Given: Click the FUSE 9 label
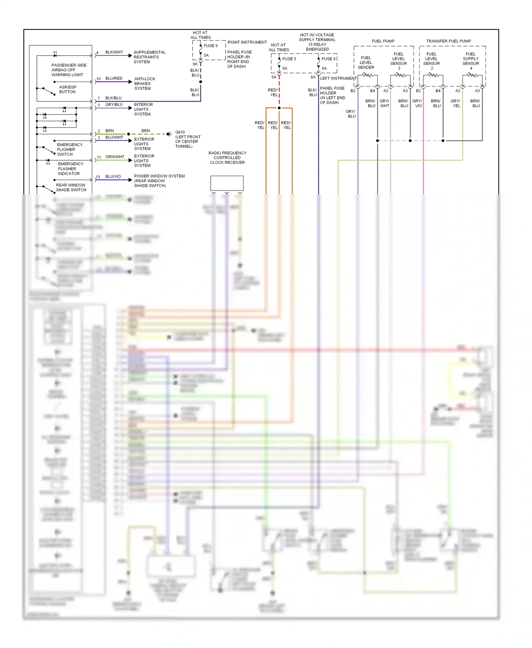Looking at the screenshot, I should pyautogui.click(x=211, y=46).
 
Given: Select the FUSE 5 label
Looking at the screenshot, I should pyautogui.click(x=289, y=59).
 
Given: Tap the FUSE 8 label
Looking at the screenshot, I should pyautogui.click(x=328, y=59).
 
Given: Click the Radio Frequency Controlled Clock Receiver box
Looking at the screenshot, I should pyautogui.click(x=227, y=183).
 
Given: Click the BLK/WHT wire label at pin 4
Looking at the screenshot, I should pyautogui.click(x=114, y=52).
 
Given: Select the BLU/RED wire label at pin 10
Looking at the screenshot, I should pyautogui.click(x=114, y=78).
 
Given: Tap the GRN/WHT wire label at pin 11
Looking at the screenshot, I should pyautogui.click(x=115, y=157).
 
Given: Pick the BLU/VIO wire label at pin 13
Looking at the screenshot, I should pyautogui.click(x=113, y=177).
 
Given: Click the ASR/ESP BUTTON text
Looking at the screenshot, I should pyautogui.click(x=67, y=89).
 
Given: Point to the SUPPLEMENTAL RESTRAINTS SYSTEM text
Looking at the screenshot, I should pyautogui.click(x=149, y=57).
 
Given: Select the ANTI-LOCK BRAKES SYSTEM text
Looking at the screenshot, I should pyautogui.click(x=144, y=84).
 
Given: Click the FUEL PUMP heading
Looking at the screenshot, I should pyautogui.click(x=383, y=41).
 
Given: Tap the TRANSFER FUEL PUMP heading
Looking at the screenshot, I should pyautogui.click(x=448, y=41).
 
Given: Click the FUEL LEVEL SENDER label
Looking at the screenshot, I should pyautogui.click(x=366, y=62).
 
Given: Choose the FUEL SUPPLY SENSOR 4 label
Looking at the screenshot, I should pyautogui.click(x=470, y=61).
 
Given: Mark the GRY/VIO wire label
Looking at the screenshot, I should pyautogui.click(x=417, y=103).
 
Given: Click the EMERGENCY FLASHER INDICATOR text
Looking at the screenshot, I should pyautogui.click(x=71, y=169).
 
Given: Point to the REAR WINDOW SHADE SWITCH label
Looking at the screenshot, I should pyautogui.click(x=71, y=188).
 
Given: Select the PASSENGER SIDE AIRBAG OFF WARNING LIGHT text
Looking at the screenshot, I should pyautogui.click(x=68, y=70).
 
